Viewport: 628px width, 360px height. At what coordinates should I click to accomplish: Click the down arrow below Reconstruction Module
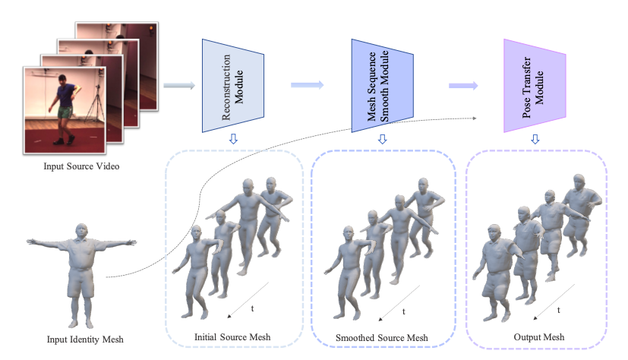[232, 138]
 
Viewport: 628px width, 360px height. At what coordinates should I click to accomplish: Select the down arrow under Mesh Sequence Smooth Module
[382, 138]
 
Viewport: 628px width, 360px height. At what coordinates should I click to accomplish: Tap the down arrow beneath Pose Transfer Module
[535, 138]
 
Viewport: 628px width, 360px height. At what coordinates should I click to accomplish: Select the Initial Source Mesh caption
[232, 337]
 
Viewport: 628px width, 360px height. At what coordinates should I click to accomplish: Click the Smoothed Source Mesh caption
[382, 337]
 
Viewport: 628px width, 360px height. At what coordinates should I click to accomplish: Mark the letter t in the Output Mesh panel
[559, 310]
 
